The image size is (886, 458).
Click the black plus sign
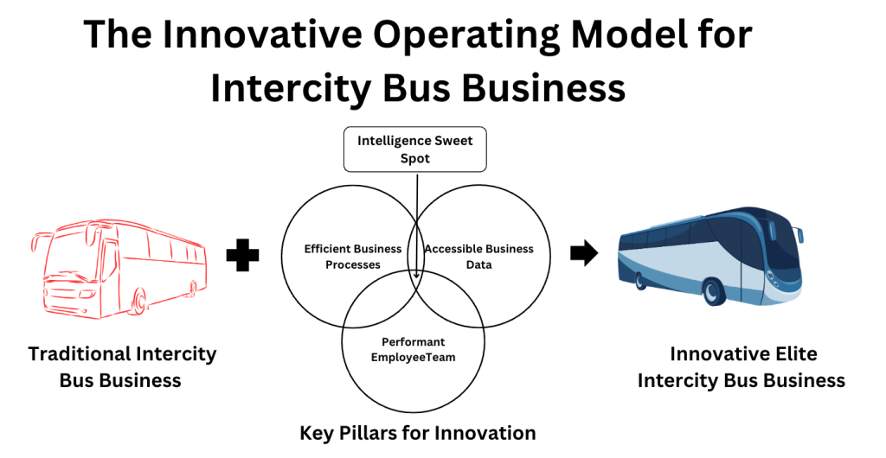[x=242, y=255]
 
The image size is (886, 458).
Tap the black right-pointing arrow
[x=584, y=253]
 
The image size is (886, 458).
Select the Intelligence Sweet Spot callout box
[x=415, y=149]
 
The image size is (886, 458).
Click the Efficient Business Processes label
[x=353, y=257]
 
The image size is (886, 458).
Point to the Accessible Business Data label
[x=479, y=257]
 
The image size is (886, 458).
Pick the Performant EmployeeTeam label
[x=413, y=349]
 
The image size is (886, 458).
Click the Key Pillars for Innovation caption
[x=418, y=433]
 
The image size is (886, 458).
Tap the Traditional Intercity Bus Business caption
[x=122, y=366]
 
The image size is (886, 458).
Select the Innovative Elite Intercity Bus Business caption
[x=742, y=366]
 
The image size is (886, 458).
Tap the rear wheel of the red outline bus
[x=193, y=289]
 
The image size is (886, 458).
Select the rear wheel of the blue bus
[x=641, y=280]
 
